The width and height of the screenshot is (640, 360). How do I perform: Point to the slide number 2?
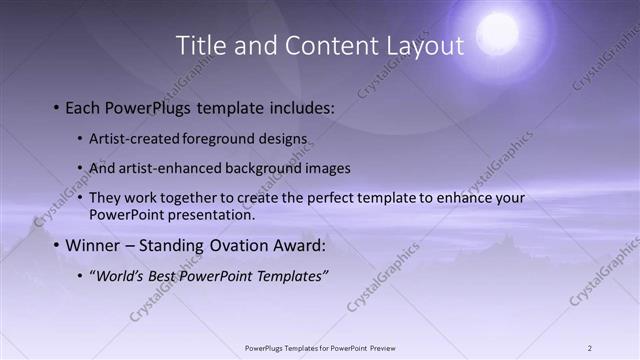590,348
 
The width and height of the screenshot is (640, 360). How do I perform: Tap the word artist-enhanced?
158,168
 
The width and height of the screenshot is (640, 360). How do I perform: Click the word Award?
297,245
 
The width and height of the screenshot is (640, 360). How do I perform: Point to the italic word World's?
119,275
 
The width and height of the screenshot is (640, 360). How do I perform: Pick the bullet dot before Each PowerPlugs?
55,107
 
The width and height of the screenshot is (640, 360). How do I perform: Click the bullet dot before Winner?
55,245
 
